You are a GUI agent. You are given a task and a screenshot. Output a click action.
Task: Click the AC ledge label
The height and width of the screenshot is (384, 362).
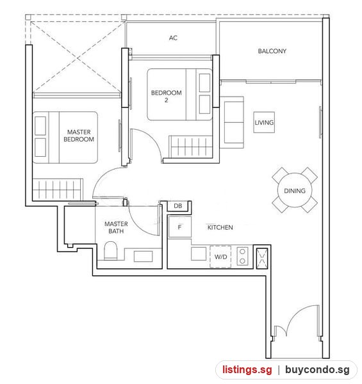pyautogui.click(x=173, y=38)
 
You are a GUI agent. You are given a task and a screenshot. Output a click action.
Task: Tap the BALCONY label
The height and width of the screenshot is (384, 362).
pyautogui.click(x=272, y=51)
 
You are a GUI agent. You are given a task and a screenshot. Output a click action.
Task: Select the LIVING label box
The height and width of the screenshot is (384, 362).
pyautogui.click(x=264, y=122)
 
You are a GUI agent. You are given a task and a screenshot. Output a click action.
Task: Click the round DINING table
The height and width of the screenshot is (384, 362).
pyautogui.click(x=295, y=190)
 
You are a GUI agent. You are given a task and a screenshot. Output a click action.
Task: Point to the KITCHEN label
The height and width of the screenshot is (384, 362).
pyautogui.click(x=220, y=227)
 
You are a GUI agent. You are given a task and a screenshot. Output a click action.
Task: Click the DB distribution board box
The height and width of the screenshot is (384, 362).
pyautogui.click(x=179, y=206)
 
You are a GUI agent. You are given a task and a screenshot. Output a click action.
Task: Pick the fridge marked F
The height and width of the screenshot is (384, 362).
pyautogui.click(x=179, y=227)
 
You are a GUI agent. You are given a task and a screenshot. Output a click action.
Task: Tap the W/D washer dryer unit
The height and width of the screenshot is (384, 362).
pyautogui.click(x=220, y=257)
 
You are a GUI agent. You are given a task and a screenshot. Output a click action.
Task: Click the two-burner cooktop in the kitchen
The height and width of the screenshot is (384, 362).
pyautogui.click(x=242, y=256)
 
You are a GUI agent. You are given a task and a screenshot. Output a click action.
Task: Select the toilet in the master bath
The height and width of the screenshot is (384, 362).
pyautogui.click(x=111, y=250)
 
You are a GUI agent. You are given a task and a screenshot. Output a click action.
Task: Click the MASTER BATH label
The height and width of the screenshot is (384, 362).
pyautogui.click(x=116, y=227)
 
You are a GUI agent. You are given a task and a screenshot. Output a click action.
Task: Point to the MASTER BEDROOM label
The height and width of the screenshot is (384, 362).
pyautogui.click(x=79, y=136)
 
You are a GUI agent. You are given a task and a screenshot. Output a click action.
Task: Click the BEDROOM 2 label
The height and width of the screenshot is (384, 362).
pyautogui.click(x=167, y=96)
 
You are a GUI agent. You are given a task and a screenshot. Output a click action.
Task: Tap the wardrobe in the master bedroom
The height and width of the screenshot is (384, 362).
pyautogui.click(x=58, y=189)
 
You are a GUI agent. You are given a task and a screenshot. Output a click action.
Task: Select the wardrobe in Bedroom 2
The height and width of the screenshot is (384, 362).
pyautogui.click(x=190, y=147)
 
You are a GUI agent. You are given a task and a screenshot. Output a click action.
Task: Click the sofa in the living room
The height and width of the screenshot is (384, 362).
pyautogui.click(x=232, y=122)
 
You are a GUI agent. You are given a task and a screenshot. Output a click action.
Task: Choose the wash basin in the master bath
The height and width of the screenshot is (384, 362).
pyautogui.click(x=143, y=257)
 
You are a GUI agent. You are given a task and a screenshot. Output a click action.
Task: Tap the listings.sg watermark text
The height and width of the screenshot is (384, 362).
pyautogui.click(x=247, y=369)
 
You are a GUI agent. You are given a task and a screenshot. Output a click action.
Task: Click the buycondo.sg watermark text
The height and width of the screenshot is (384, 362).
pyautogui.click(x=317, y=369)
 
